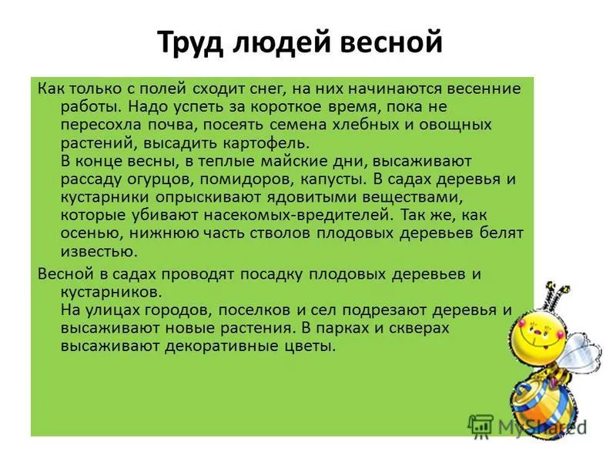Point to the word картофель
[266, 143]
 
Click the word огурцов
[160, 179]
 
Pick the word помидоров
[247, 179]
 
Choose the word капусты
[333, 179]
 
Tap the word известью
[99, 252]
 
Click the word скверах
[419, 329]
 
